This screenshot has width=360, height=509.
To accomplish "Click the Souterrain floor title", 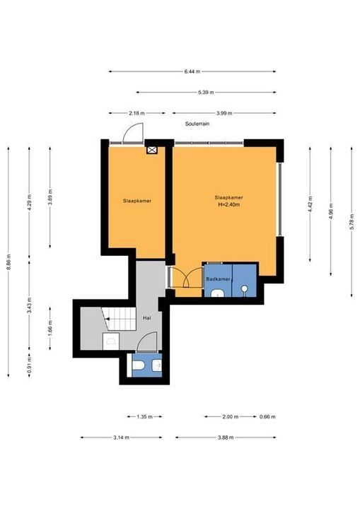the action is coord(197,124).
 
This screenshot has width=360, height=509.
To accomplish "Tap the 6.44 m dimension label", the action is coord(192,71).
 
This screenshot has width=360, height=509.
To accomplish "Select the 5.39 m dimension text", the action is coord(206,92).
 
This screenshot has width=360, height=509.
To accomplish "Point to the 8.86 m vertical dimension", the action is coord(8,262).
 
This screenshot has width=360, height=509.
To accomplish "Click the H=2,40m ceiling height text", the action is coord(228,204).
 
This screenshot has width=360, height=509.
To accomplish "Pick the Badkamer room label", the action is coord(218,279).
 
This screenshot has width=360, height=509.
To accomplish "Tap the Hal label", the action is coord(147,318).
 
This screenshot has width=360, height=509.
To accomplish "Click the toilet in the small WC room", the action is coord(139,365).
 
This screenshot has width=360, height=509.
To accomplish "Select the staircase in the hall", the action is coord(119,319).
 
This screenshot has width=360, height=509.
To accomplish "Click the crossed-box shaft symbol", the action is coord(152,150).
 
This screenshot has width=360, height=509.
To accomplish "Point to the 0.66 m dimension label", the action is coord(267,417).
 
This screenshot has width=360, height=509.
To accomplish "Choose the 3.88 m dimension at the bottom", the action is coord(226,438).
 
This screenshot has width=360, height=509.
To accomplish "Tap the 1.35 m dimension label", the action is coord(144,417).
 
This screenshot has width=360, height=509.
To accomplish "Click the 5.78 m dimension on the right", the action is coord(352,222).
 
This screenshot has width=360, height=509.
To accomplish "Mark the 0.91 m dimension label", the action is coord(29,365).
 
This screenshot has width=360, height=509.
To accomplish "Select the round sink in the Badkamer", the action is coord(244,288).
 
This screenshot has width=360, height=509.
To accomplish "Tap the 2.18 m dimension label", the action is coord(137,113).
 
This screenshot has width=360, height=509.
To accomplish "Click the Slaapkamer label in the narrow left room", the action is coord(137,201).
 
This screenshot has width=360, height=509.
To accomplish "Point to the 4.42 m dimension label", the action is coord(310,204).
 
